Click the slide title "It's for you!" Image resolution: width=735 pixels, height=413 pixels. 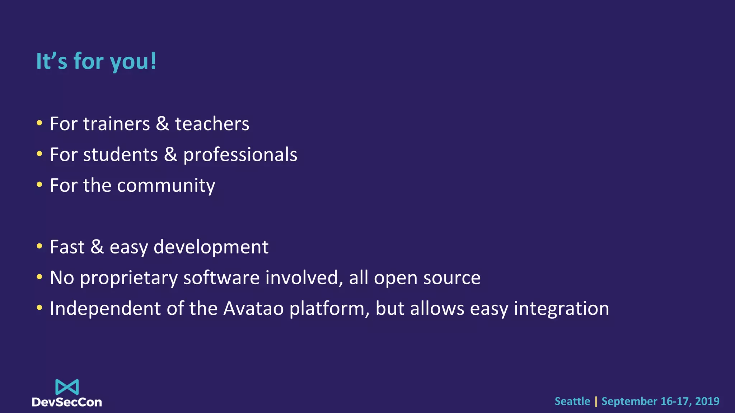96,61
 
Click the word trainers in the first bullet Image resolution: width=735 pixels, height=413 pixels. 116,124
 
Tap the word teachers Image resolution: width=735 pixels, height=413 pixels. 212,124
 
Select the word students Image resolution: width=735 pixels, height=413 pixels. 120,155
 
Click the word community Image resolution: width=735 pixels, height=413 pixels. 166,186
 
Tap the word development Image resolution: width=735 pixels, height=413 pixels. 211,247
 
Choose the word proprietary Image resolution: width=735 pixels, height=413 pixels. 128,278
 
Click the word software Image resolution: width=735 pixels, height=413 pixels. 221,278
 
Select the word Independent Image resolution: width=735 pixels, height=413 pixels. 105,309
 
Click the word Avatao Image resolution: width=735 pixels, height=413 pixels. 253,309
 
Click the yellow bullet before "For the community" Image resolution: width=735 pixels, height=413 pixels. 39,185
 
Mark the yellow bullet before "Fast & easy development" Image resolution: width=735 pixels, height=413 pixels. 39,247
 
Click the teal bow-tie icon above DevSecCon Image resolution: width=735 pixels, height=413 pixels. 67,387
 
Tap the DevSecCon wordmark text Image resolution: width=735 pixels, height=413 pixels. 67,402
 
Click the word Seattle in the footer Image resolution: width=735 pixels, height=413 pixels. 572,401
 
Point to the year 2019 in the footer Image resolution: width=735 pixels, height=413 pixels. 707,401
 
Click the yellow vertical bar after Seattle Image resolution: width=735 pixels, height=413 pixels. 596,402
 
